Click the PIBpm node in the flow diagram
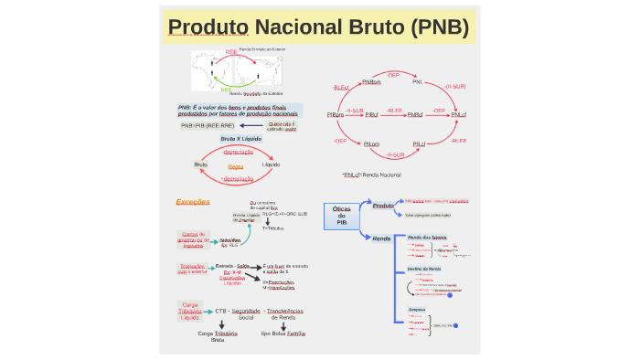335,114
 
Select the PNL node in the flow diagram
417,82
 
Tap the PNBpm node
371,82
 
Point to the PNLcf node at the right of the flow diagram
458,114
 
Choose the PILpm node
371,143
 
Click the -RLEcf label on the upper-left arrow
340,87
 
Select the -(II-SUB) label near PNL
455,87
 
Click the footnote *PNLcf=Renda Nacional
372,174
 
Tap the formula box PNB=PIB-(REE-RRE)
207,125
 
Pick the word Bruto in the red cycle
201,164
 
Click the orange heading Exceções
193,201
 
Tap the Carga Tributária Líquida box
191,311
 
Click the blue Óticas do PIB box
342,216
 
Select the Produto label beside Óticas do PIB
383,206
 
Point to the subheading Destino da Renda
424,269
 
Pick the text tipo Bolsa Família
283,334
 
